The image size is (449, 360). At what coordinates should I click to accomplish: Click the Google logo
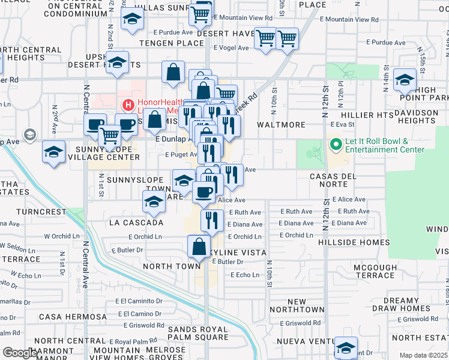pos(20,353)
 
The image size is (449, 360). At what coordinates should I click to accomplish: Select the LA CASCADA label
pos(136,223)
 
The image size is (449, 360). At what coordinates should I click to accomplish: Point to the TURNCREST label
pos(41,212)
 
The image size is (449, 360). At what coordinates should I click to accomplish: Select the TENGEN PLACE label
pos(172,43)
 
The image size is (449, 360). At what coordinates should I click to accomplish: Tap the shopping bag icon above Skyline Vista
pos(199,246)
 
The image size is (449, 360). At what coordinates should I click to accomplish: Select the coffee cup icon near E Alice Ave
pos(203,191)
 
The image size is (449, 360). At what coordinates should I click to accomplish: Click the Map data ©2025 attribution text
pos(423,355)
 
